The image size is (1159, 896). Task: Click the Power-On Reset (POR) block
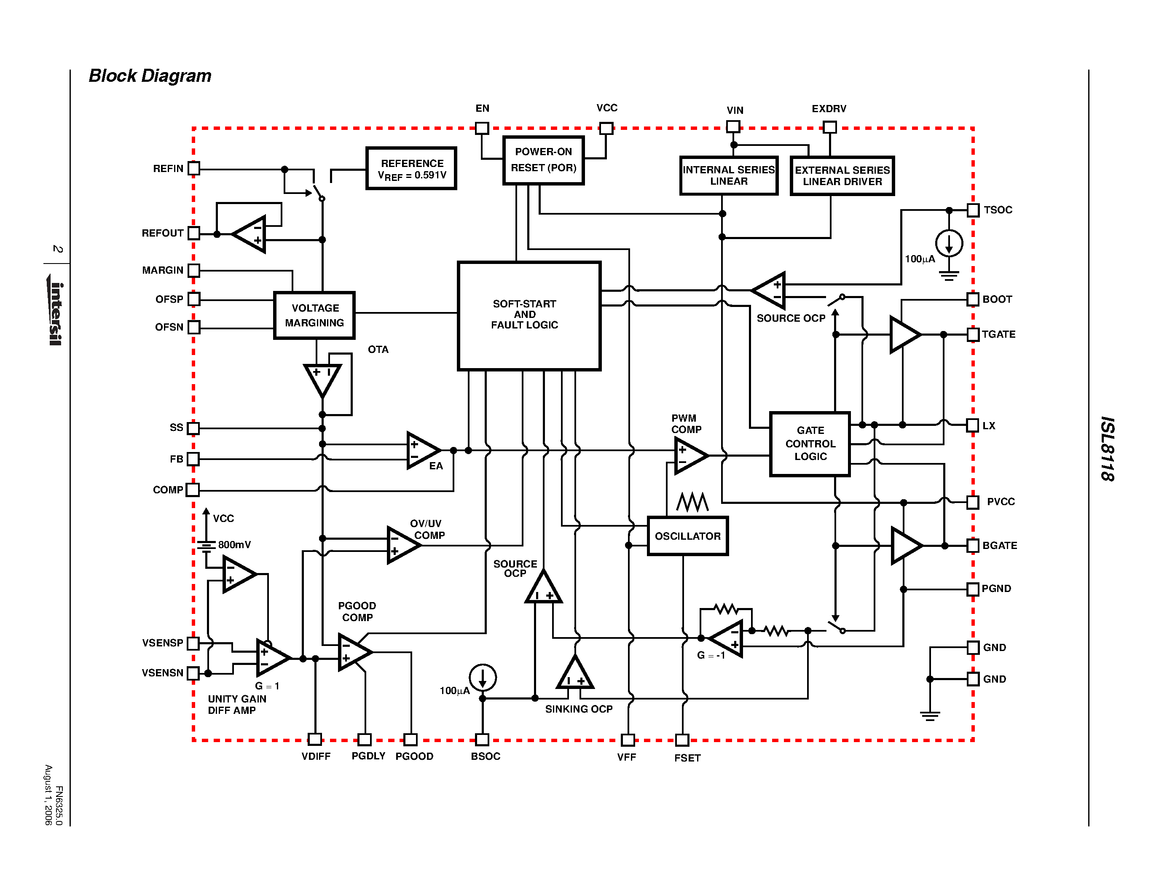543,160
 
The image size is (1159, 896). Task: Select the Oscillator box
687,536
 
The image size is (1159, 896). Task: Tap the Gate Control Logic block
810,444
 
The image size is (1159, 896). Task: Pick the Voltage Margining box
314,315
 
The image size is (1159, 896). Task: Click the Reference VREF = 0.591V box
411,168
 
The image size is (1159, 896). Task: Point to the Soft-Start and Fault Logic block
529,315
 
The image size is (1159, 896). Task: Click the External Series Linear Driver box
842,176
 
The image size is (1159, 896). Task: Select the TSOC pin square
973,210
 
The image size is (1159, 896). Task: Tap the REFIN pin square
194,168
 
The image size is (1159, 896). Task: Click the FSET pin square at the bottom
682,740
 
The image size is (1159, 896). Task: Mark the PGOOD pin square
410,740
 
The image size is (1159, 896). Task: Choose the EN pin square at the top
482,128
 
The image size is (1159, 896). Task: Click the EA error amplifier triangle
421,450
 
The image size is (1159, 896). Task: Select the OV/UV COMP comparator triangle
402,545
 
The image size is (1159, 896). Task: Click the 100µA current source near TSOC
949,244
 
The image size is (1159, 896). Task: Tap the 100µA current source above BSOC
483,678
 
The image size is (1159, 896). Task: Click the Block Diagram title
150,76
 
